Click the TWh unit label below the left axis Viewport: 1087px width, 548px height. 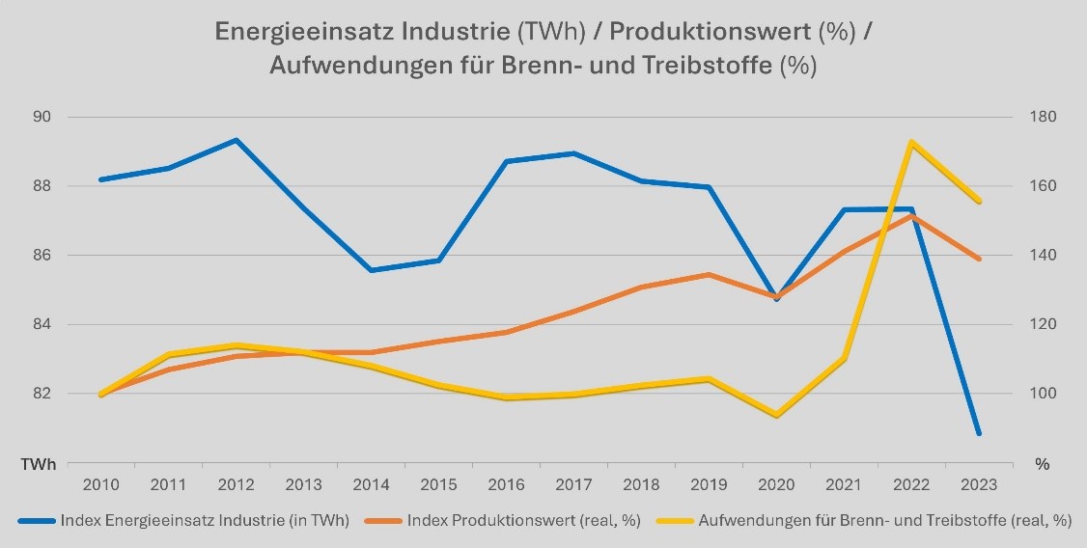[40, 464]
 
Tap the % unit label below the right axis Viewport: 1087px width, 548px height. [1042, 464]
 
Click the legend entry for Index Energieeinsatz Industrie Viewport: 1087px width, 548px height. [203, 520]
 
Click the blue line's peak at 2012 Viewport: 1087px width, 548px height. [236, 140]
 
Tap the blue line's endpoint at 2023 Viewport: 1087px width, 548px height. [979, 433]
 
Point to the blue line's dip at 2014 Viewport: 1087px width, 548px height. [371, 270]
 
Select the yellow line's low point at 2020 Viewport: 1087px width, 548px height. [776, 416]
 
